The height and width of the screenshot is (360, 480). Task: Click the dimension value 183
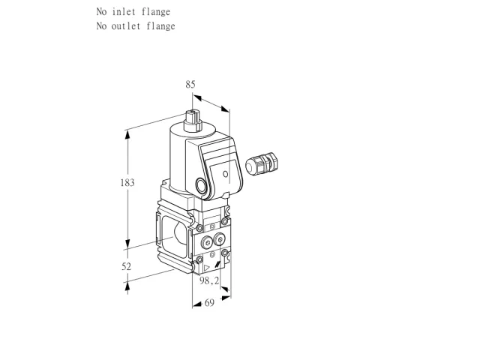tap(127, 183)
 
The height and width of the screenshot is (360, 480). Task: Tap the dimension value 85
tap(190, 85)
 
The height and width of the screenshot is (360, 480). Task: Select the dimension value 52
tap(127, 267)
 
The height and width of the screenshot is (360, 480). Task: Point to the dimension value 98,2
tap(209, 280)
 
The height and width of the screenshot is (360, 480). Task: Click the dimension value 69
tap(209, 303)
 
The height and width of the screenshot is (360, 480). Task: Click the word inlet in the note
tap(124, 12)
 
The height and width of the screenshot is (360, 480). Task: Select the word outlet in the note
tap(126, 26)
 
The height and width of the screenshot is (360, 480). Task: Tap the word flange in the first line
tap(156, 12)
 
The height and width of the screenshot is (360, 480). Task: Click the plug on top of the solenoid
tap(193, 121)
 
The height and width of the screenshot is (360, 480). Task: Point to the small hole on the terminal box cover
tap(225, 174)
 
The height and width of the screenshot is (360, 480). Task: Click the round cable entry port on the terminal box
tap(201, 186)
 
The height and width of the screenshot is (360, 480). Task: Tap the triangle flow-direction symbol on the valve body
tap(207, 268)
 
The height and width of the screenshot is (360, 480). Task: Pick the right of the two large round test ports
tap(219, 238)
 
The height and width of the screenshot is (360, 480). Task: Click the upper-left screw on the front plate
tap(199, 228)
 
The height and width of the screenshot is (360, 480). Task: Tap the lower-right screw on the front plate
tap(225, 253)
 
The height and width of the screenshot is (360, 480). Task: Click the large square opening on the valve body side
tap(173, 235)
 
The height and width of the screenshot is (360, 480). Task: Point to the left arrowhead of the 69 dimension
tap(197, 304)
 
